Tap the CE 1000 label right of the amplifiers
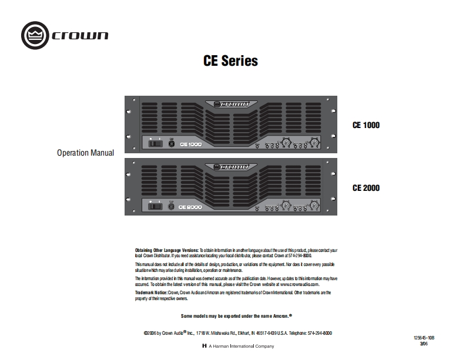pos(366,125)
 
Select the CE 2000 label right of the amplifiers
pos(366,188)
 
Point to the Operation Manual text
pos(85,153)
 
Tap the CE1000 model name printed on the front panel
pos(191,144)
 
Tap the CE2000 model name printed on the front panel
pos(191,207)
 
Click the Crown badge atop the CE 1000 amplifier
pos(230,104)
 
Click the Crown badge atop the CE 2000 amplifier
pos(230,167)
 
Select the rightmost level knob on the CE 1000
pos(315,143)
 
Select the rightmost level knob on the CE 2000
pos(315,205)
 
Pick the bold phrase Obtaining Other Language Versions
pos(167,250)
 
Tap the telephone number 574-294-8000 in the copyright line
pos(319,333)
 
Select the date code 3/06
pos(424,344)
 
